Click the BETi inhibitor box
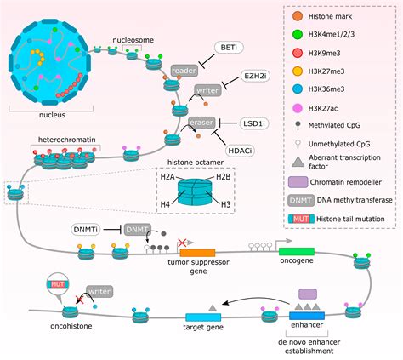click(x=228, y=49)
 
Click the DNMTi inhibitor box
click(x=88, y=230)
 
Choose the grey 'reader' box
click(x=184, y=70)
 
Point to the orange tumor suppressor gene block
click(x=196, y=253)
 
